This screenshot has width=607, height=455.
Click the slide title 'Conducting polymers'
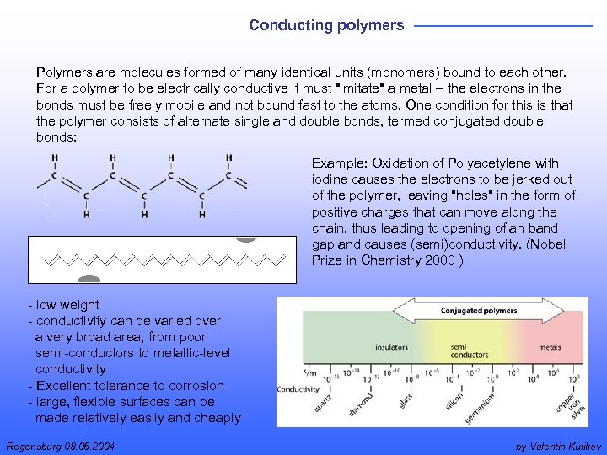(x=326, y=25)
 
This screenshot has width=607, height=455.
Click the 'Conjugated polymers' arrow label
(x=478, y=311)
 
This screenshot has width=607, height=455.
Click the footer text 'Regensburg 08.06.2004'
(x=60, y=445)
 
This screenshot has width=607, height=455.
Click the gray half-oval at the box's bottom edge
(x=89, y=279)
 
